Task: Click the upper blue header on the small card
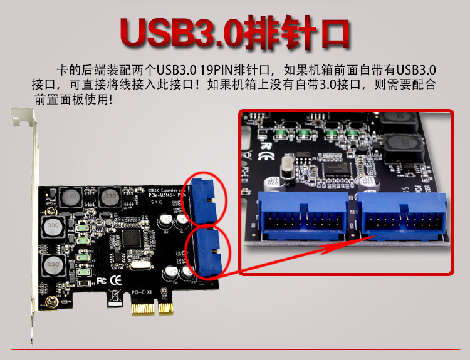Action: (x=204, y=198)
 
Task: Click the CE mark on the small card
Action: (x=115, y=279)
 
